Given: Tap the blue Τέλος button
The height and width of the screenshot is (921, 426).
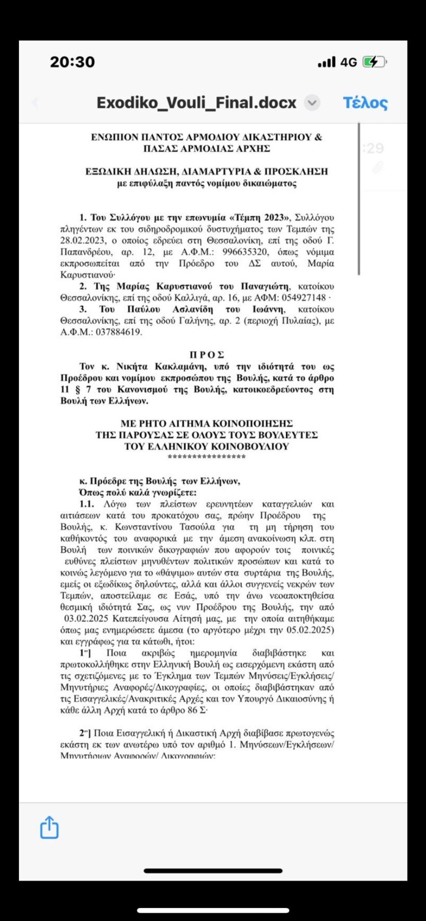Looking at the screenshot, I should pyautogui.click(x=365, y=103).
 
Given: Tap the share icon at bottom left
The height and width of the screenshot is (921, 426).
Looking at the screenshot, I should pyautogui.click(x=49, y=827).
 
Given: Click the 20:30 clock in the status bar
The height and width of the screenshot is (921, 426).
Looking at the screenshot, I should pyautogui.click(x=72, y=62).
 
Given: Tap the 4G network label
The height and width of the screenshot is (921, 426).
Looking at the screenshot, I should pyautogui.click(x=349, y=62).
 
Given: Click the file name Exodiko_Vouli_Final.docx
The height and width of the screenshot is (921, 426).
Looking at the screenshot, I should pyautogui.click(x=196, y=103).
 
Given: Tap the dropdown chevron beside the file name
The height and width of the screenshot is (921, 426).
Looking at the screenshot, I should pyautogui.click(x=312, y=103).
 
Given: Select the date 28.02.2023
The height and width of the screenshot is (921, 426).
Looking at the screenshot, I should pyautogui.click(x=79, y=241).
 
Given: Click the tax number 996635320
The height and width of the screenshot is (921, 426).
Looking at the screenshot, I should pyautogui.click(x=245, y=252).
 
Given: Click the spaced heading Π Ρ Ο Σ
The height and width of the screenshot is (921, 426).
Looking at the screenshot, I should pyautogui.click(x=207, y=355).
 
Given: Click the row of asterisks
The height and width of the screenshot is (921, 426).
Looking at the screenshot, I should pyautogui.click(x=207, y=457).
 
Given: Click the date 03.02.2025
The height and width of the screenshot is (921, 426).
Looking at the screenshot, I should pyautogui.click(x=87, y=619).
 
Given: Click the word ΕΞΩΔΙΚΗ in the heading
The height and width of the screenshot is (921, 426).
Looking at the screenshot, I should pyautogui.click(x=108, y=171).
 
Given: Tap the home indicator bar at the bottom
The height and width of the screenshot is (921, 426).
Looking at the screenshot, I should pyautogui.click(x=213, y=871).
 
